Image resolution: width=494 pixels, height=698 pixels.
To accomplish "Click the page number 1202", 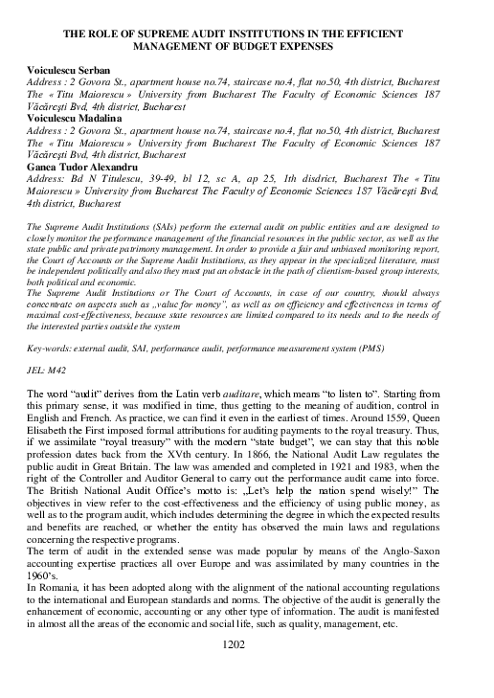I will (247, 672).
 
